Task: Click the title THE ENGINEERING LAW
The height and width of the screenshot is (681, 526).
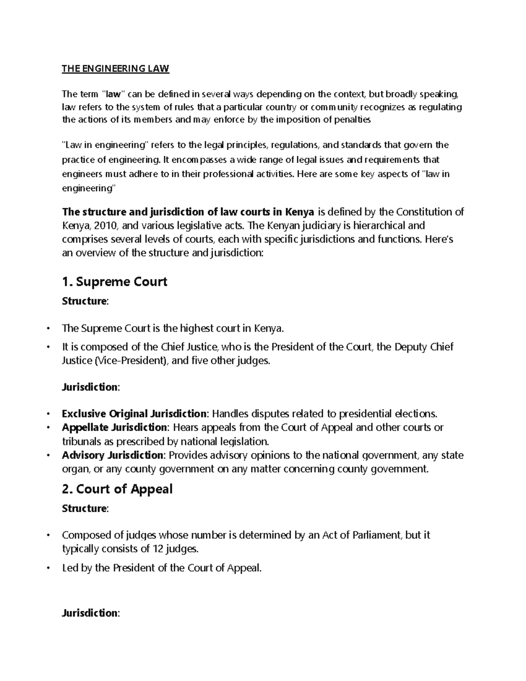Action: click(x=115, y=68)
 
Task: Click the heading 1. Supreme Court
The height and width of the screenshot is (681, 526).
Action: click(x=115, y=282)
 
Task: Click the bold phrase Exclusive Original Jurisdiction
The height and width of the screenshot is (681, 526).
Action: click(x=134, y=414)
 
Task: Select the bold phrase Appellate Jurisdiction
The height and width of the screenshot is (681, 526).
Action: click(x=114, y=427)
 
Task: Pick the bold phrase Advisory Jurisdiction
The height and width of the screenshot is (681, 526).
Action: click(x=113, y=455)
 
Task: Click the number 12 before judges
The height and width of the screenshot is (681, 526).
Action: click(x=158, y=549)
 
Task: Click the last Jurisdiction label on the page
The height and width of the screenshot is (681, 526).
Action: click(x=90, y=613)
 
